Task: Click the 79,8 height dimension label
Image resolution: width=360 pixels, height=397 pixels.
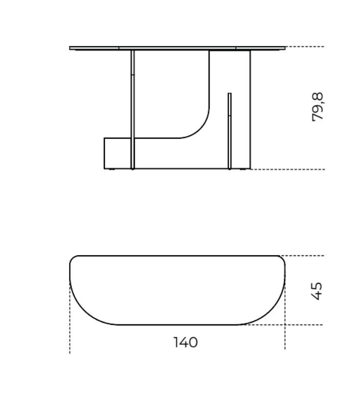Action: [x=318, y=107]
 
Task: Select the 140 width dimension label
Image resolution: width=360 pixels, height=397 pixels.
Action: [x=186, y=342]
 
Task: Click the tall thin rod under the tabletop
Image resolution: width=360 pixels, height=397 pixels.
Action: [x=132, y=109]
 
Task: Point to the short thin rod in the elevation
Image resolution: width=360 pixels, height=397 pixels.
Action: [x=230, y=131]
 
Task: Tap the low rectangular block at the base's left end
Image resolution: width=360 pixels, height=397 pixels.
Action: [x=118, y=153]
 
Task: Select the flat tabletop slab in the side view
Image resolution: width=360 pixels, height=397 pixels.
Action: [x=177, y=48]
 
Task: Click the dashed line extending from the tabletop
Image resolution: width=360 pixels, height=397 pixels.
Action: [x=305, y=47]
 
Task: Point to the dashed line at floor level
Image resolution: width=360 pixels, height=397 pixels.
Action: [x=287, y=169]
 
